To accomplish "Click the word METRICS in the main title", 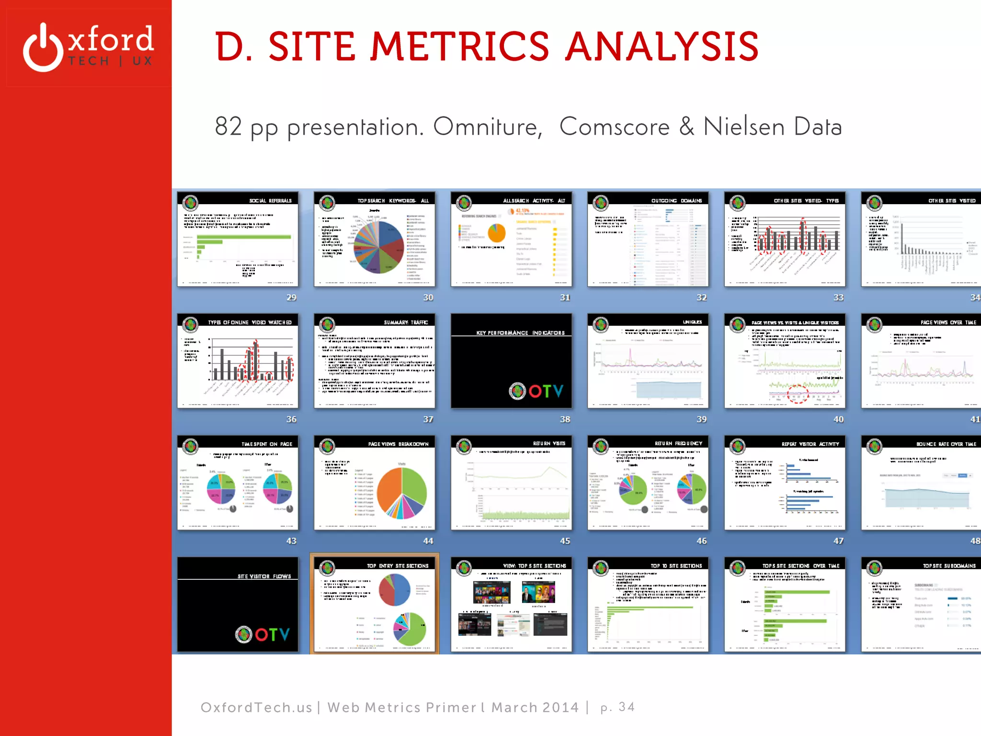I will coord(460,46).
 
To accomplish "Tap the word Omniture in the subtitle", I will coord(487,126).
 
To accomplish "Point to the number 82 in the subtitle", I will coord(228,126).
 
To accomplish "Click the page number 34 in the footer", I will coord(627,707).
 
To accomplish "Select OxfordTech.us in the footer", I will coord(256,707).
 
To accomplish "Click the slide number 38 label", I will coord(565,419).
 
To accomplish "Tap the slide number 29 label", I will coord(291,298).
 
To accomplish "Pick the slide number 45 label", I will coord(565,541).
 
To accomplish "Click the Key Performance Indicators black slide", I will coord(511,361).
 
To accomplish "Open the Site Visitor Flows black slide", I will coord(238,604).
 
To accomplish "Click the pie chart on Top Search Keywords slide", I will coord(379,247).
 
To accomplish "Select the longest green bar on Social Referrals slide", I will coord(243,237).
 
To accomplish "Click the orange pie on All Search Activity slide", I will coord(497,233).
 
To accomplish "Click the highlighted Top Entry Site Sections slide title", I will coord(398,566).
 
